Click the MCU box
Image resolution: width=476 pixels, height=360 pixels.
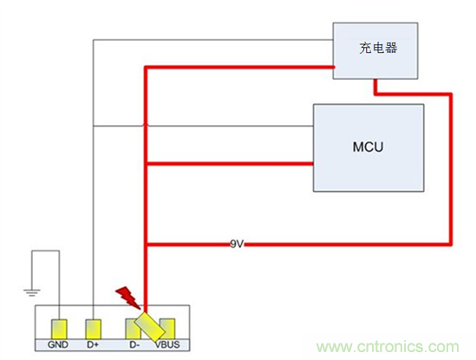pos(368,147)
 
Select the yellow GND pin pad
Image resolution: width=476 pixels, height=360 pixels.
pos(59,329)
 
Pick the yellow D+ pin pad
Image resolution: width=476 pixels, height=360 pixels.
pos(95,329)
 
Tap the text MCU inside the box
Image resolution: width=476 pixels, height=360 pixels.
pos(368,147)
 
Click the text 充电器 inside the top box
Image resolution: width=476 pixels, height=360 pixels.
pos(378,49)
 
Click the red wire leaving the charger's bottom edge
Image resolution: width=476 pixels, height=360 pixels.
pos(374,85)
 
